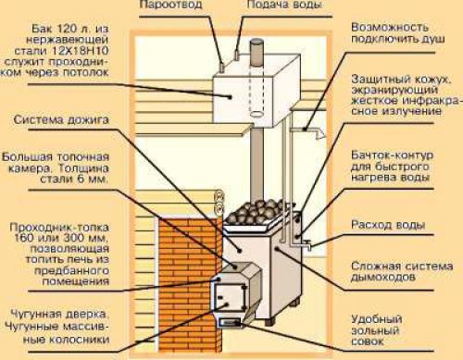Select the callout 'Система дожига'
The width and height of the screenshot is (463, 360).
click(57, 118)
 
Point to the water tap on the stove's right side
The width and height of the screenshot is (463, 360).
click(300, 243)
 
